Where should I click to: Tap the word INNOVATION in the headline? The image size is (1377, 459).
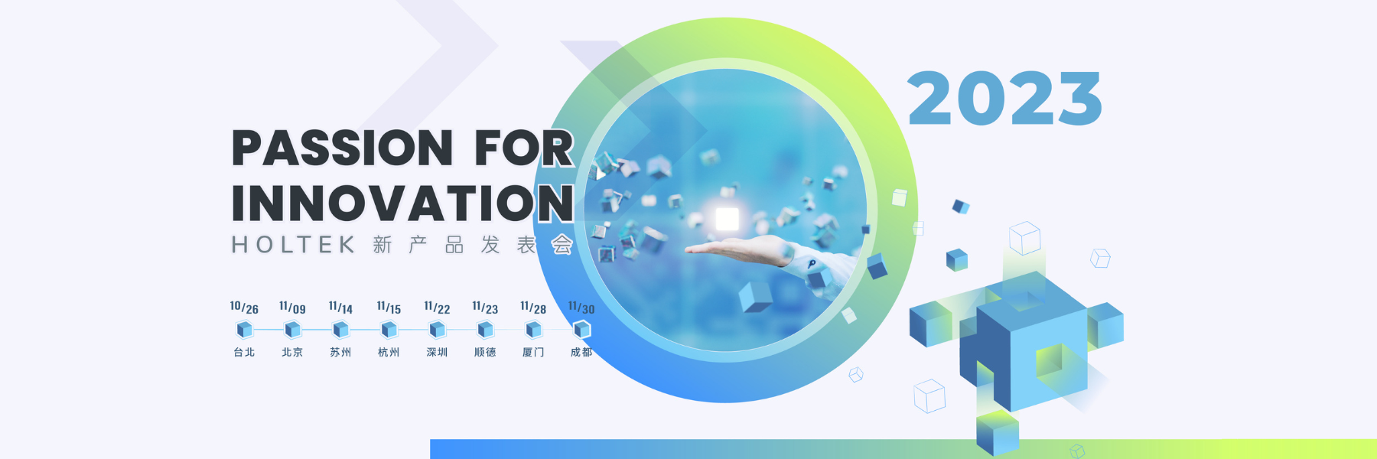(403, 203)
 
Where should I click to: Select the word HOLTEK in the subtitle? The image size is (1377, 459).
(294, 245)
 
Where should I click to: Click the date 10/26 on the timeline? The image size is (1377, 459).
(244, 308)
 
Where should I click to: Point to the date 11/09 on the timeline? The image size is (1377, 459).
(292, 308)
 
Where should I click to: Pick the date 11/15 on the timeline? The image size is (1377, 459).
(389, 308)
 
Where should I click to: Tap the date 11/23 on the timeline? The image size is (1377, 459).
(485, 308)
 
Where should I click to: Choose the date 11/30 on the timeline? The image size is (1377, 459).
(581, 308)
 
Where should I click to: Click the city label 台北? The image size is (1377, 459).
(244, 352)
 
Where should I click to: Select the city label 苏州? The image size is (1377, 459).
(340, 352)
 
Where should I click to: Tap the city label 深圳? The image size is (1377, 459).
(437, 352)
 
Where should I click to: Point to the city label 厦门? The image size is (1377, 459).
(533, 352)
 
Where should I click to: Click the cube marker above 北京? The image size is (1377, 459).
(292, 330)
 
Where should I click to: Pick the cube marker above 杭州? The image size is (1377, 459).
(389, 330)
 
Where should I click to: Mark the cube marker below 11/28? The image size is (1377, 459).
(533, 330)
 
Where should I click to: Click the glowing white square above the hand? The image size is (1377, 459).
(727, 219)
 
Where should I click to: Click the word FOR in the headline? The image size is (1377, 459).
(524, 148)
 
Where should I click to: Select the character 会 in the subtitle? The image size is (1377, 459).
(562, 245)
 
